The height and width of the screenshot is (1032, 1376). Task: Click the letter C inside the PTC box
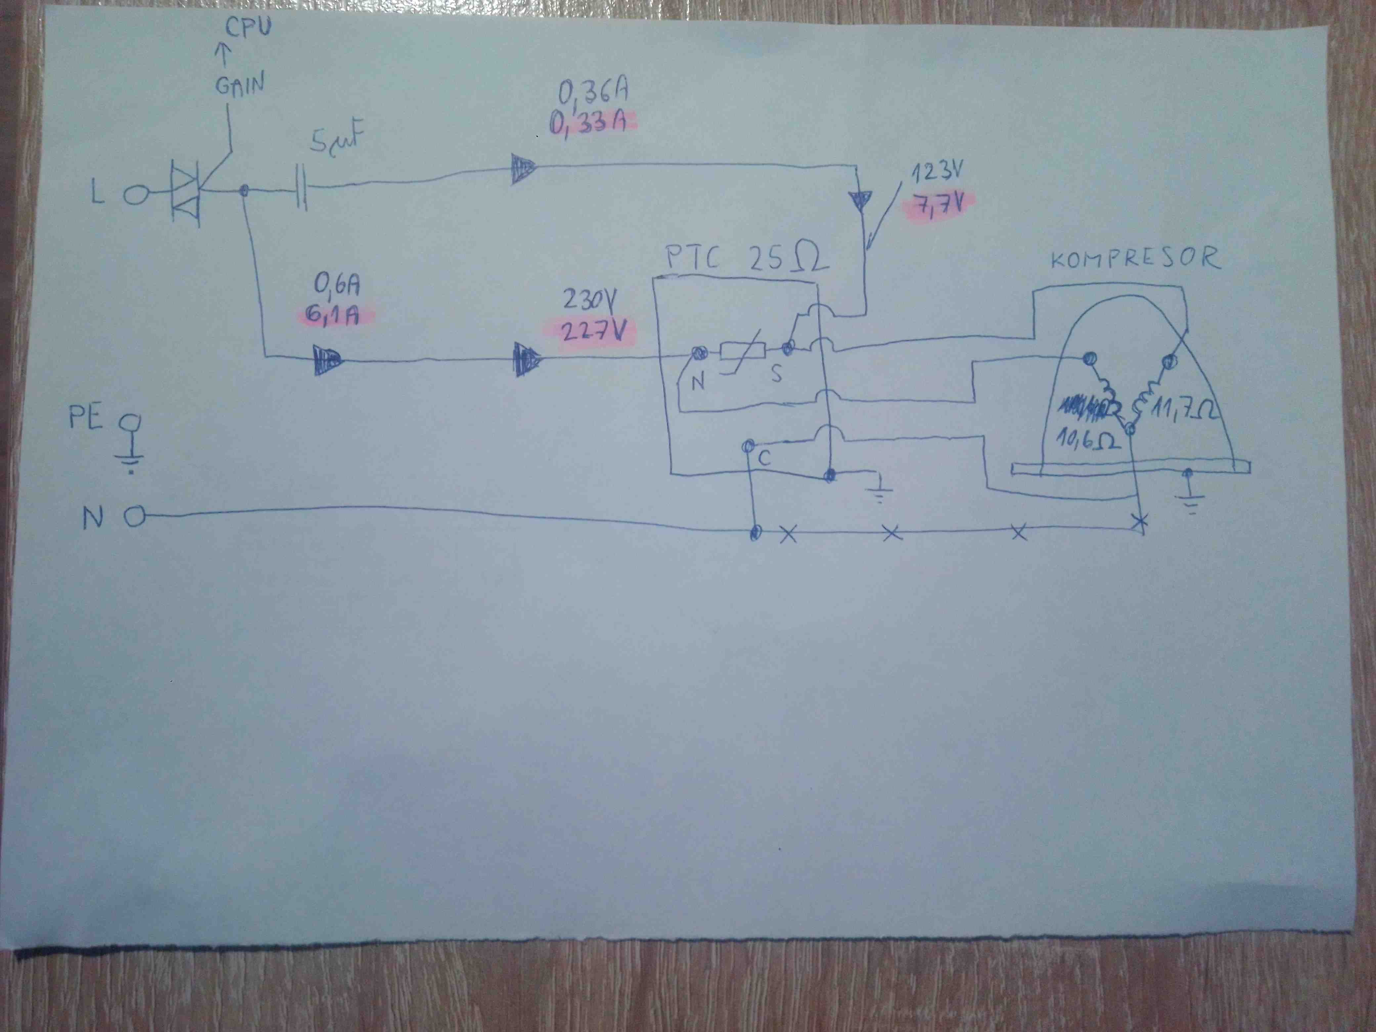[x=764, y=458]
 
